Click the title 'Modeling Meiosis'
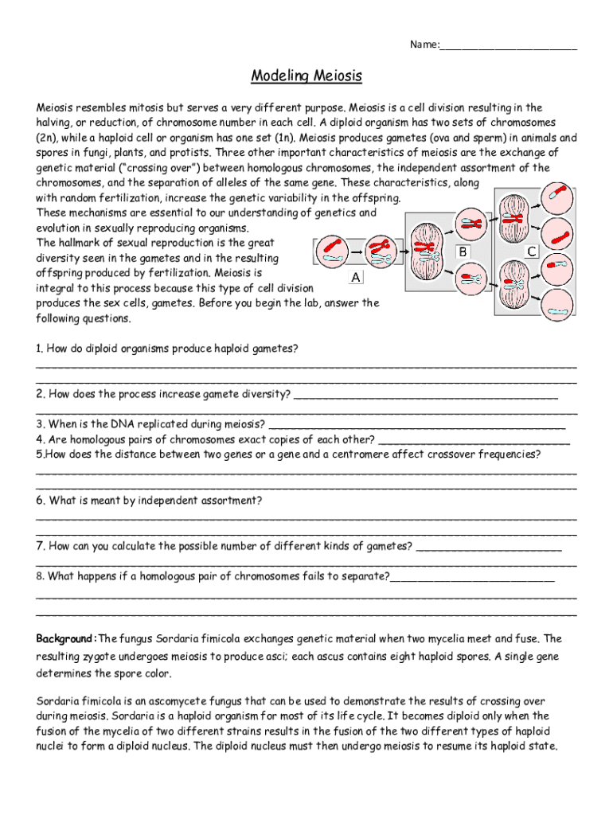click(306, 76)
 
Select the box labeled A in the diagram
click(355, 277)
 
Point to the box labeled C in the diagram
click(533, 251)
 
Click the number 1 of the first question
click(39, 349)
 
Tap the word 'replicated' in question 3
click(156, 424)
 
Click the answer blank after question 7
click(489, 547)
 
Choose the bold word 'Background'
click(64, 639)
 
